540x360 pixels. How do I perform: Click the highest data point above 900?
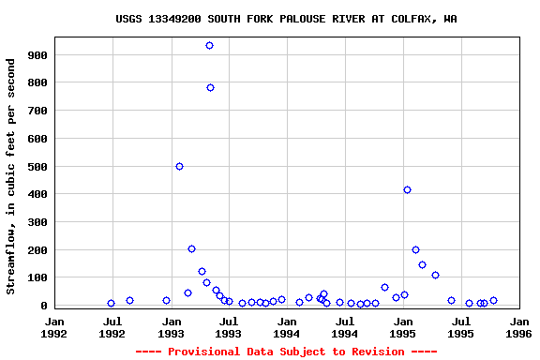[209, 45]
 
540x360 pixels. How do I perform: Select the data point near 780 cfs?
[210, 87]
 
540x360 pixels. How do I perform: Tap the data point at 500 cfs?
[179, 166]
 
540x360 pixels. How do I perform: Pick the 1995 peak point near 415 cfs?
[407, 189]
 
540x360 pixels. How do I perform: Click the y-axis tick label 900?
[37, 55]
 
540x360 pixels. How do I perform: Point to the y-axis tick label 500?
[37, 167]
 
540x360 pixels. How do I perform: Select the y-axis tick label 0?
[43, 306]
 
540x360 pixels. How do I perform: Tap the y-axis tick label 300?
[37, 222]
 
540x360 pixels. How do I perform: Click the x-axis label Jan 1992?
[54, 326]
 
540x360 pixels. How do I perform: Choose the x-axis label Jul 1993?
[229, 326]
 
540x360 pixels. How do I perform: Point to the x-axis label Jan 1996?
[518, 326]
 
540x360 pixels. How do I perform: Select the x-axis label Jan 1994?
[287, 326]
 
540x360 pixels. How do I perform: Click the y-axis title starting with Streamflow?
[11, 176]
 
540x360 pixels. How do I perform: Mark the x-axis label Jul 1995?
[460, 326]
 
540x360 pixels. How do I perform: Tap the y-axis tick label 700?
[37, 111]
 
